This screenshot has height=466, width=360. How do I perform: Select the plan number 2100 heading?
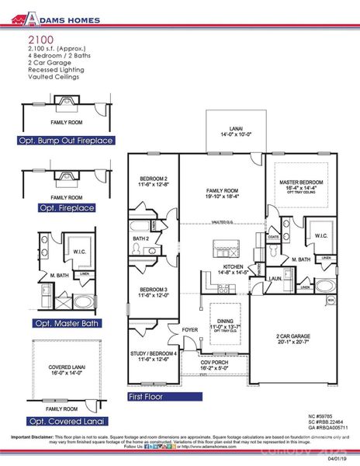coord(40,38)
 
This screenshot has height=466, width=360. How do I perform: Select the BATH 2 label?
coord(140,238)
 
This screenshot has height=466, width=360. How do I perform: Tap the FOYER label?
coord(190,329)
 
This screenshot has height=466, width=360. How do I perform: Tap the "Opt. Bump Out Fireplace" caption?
coord(66,141)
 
